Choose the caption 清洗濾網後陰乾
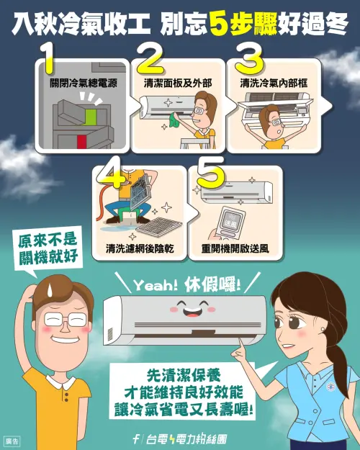pyautogui.click(x=136, y=250)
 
